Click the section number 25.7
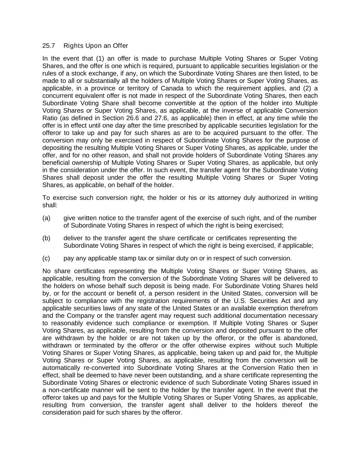pos(48,46)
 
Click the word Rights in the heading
pos(71,46)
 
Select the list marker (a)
pos(46,218)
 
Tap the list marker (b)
pos(46,238)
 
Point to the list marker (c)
pos(46,258)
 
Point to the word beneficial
pos(55,163)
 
